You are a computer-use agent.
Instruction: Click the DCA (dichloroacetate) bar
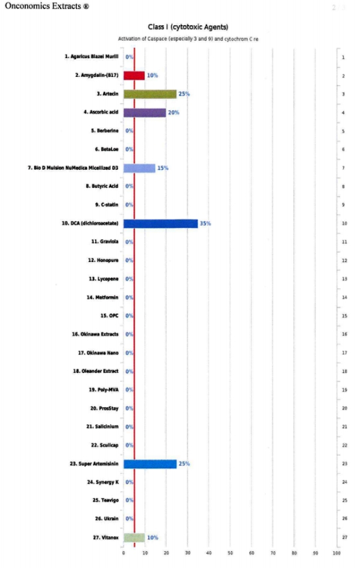pos(160,223)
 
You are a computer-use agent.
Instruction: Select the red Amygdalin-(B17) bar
pos(134,76)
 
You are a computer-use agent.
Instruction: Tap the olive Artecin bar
pos(149,94)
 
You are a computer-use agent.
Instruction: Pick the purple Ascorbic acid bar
pos(145,113)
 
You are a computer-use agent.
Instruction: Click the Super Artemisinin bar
pos(149,464)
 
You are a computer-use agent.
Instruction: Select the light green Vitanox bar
pos(134,537)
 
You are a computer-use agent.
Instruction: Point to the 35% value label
pos(205,223)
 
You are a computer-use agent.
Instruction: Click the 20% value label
pos(173,113)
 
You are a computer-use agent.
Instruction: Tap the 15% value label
pos(163,168)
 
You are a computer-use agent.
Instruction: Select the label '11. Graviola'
pos(104,242)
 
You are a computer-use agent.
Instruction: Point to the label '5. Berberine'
pos(104,131)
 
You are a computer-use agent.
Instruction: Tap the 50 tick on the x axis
pos(230,552)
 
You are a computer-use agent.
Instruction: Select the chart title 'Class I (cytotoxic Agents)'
pos(188,27)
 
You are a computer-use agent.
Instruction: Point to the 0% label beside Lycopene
pos(129,279)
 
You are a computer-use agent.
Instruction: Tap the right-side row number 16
pos(344,334)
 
